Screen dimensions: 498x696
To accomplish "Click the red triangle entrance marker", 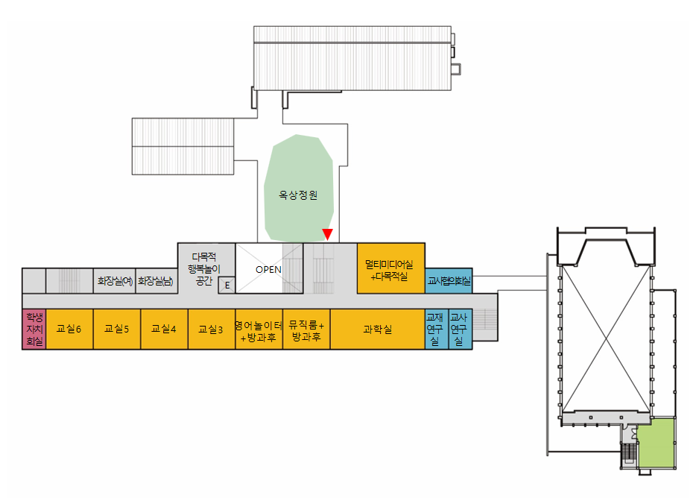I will (327, 235).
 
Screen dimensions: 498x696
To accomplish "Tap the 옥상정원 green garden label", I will (297, 195).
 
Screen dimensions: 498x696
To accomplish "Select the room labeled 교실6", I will (69, 328).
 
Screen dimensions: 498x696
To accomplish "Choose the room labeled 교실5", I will (117, 328).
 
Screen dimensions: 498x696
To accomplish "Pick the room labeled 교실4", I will (164, 328).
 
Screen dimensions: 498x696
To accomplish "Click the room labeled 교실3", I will (211, 329).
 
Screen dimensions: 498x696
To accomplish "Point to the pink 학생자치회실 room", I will (34, 329).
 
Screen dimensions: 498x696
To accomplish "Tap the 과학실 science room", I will (377, 329).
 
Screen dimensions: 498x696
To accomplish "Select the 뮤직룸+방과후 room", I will (306, 330).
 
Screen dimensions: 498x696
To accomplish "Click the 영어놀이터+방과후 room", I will (259, 330).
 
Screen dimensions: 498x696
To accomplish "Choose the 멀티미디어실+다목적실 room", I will (390, 269).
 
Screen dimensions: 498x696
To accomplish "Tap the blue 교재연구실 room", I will (436, 329).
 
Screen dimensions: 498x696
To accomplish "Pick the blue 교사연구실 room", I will (460, 329).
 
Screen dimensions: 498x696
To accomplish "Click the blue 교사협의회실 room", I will (449, 281).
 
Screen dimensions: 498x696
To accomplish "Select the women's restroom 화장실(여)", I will (114, 281).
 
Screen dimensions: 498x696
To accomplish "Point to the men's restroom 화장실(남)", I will (156, 281).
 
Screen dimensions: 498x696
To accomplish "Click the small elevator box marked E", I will (227, 285).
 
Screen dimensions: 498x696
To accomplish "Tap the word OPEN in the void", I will (268, 269).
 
